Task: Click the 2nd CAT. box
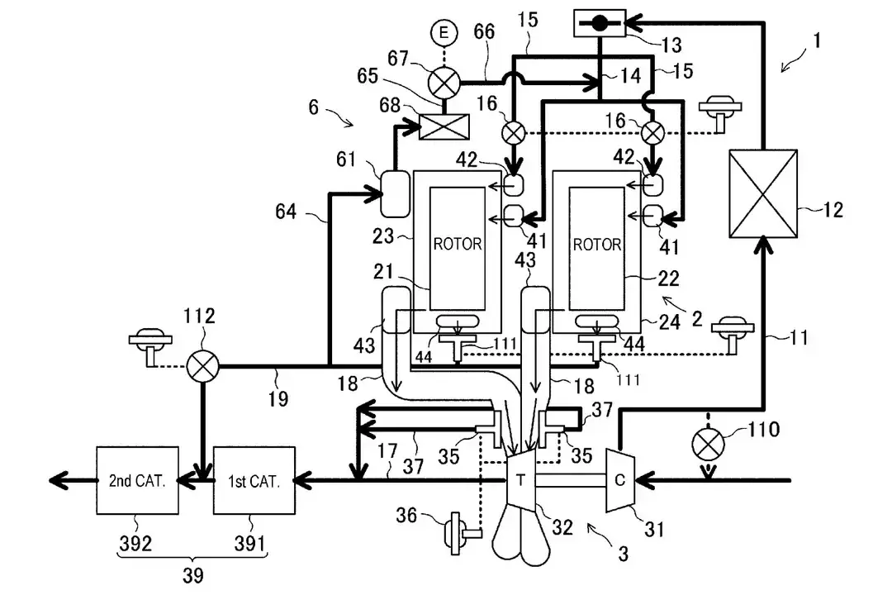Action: click(138, 481)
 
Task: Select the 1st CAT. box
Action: click(254, 481)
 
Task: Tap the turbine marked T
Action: click(520, 480)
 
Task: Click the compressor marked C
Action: click(619, 480)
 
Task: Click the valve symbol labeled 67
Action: click(444, 83)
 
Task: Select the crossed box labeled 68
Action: click(444, 126)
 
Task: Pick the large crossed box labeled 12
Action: click(763, 193)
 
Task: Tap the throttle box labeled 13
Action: click(600, 23)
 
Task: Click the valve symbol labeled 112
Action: click(202, 366)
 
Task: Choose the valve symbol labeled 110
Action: click(708, 445)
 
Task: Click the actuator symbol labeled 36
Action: click(461, 534)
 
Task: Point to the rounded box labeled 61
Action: click(395, 193)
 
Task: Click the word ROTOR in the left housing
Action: click(458, 245)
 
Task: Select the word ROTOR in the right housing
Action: click(597, 245)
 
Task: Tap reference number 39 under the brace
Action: click(192, 576)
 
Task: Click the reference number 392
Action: click(135, 544)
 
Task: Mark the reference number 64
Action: click(286, 212)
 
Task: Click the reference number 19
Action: click(278, 398)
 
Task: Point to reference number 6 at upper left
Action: click(314, 107)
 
